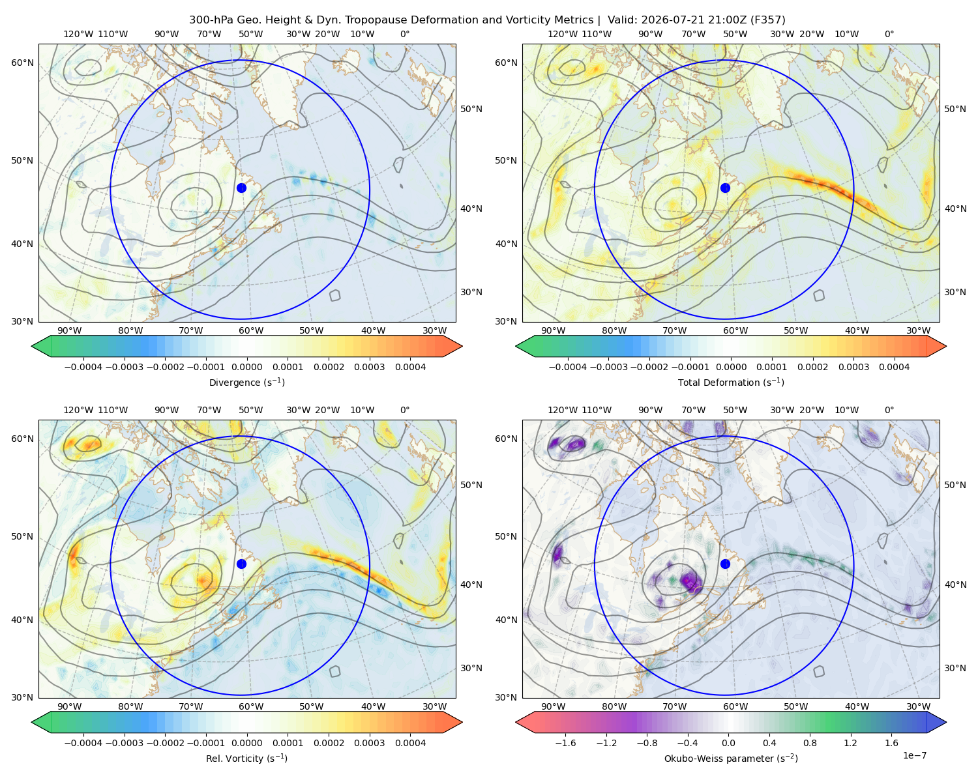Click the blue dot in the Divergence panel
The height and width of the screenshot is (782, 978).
click(241, 188)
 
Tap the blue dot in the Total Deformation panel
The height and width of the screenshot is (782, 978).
click(725, 188)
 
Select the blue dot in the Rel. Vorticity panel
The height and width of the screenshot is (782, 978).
click(241, 564)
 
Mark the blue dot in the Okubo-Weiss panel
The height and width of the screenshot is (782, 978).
click(725, 564)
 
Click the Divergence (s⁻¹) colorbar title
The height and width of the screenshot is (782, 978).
click(246, 382)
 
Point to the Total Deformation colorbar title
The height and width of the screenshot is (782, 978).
click(731, 382)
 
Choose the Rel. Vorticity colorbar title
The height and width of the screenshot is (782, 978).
click(246, 758)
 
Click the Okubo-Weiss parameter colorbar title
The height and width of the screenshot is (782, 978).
click(731, 758)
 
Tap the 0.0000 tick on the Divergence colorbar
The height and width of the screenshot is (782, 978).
click(246, 367)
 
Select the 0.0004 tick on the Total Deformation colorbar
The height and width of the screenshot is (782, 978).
click(894, 367)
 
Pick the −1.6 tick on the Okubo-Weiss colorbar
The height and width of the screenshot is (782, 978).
click(565, 742)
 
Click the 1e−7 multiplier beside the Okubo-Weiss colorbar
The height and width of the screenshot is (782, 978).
click(914, 755)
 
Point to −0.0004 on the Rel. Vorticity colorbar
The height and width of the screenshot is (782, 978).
click(83, 742)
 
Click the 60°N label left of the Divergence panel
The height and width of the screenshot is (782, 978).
click(22, 63)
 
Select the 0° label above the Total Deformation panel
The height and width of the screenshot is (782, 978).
click(889, 34)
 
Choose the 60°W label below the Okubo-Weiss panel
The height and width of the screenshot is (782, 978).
click(735, 706)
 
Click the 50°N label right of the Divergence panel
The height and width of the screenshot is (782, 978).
click(471, 109)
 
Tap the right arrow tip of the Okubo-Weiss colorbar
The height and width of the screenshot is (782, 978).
click(946, 722)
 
